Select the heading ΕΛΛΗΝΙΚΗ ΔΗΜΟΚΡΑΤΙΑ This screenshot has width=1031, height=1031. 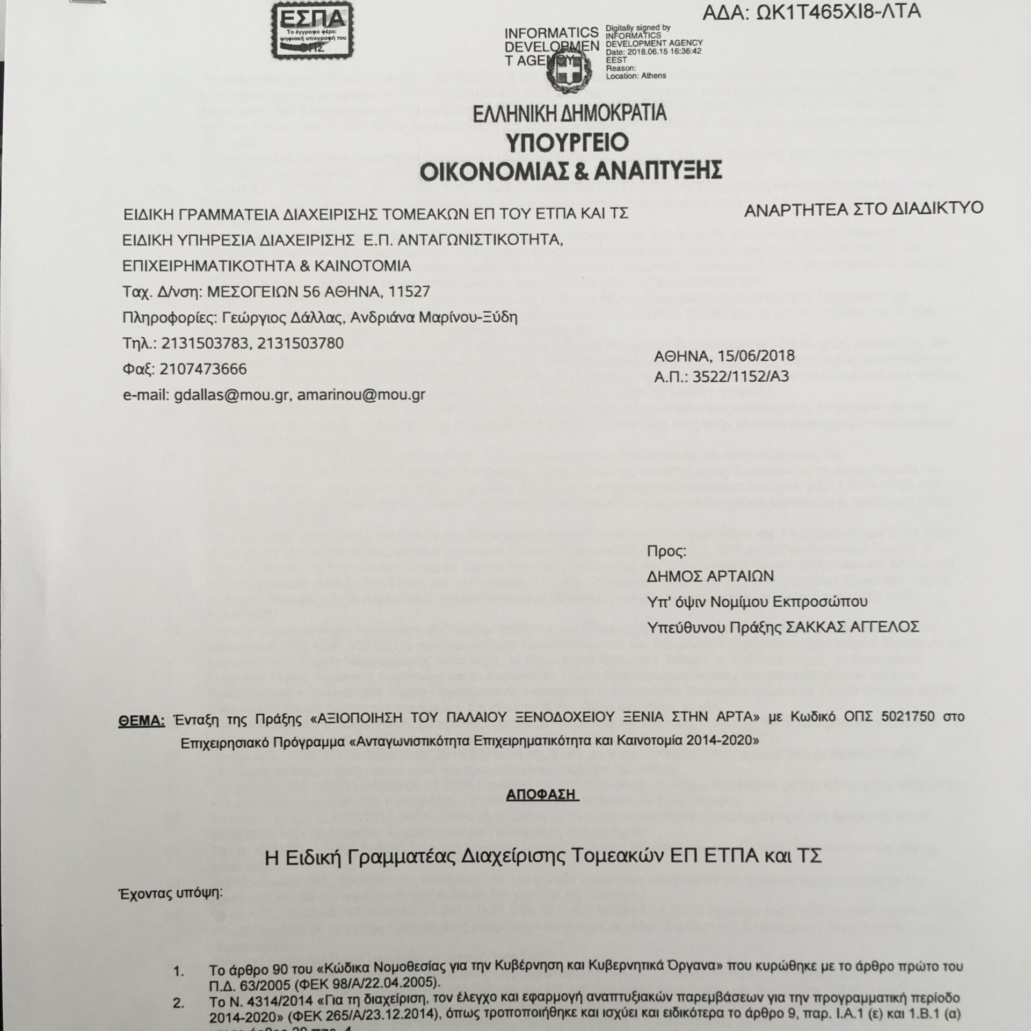pyautogui.click(x=570, y=113)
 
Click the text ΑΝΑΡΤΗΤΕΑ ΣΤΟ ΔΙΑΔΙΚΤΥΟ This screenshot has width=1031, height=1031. pyautogui.click(x=863, y=208)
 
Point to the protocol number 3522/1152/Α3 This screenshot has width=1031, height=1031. pyautogui.click(x=741, y=377)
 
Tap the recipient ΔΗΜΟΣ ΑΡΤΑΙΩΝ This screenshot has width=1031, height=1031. pyautogui.click(x=710, y=576)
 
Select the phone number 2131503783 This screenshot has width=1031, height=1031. pyautogui.click(x=206, y=343)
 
